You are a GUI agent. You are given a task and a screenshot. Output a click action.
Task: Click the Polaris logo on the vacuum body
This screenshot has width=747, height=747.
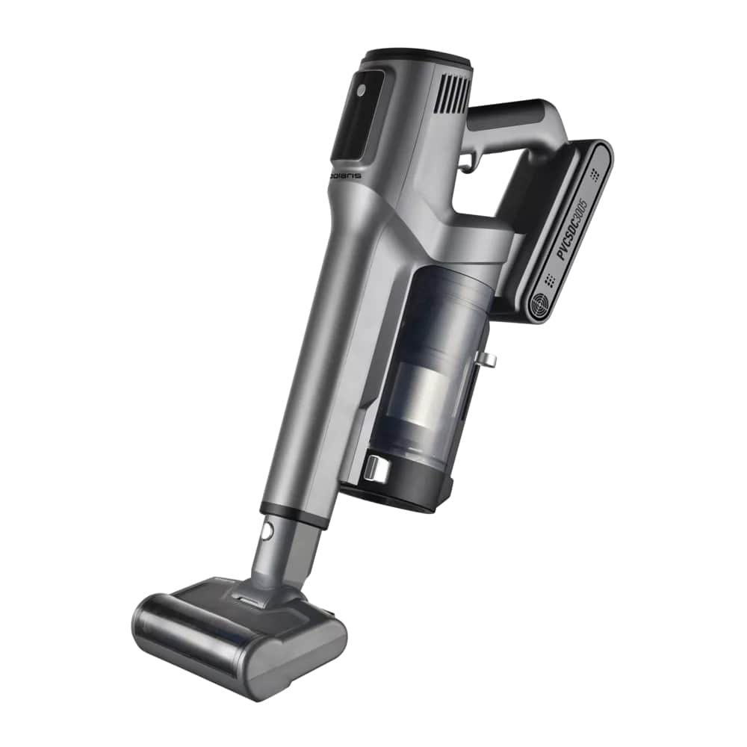click(345, 176)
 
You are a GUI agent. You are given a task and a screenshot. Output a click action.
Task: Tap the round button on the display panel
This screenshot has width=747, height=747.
click(361, 90)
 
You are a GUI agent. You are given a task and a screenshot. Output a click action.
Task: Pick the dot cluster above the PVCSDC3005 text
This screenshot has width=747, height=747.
click(594, 174)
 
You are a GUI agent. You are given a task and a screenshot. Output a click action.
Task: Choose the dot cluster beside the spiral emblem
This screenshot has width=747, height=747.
click(549, 280)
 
